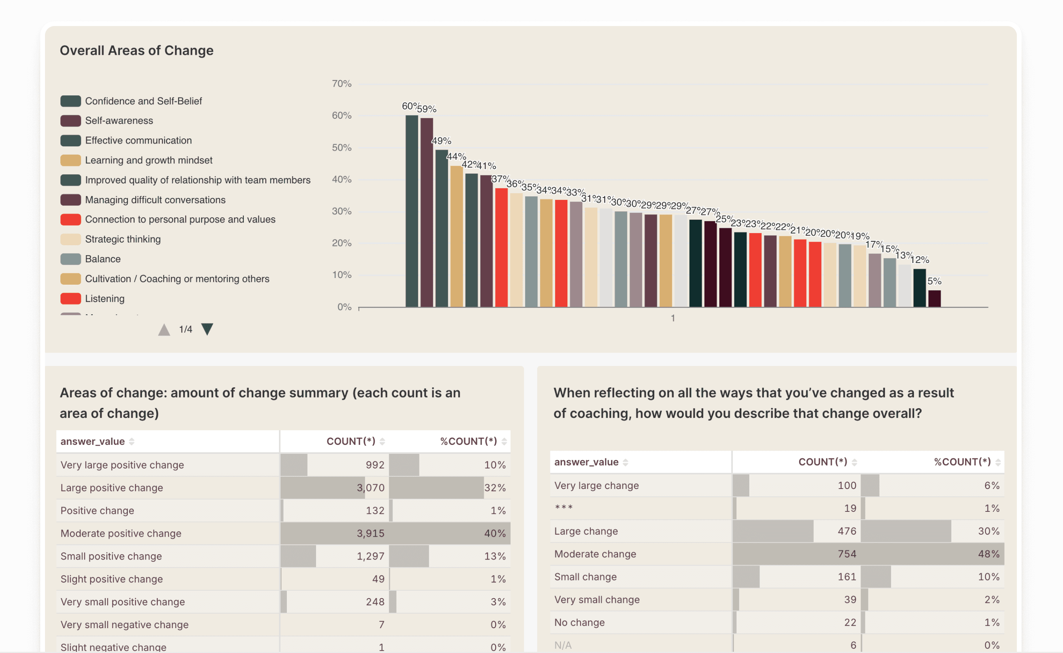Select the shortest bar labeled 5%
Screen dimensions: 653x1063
click(x=934, y=299)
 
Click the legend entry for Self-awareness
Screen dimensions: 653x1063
click(x=119, y=121)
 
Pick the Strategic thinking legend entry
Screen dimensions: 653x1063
click(x=123, y=239)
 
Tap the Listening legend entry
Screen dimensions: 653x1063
click(x=105, y=299)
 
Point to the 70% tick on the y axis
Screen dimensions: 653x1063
click(x=341, y=84)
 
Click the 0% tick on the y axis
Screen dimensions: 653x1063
click(x=344, y=307)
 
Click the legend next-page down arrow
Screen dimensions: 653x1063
click(x=208, y=329)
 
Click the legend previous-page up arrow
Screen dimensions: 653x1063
click(x=164, y=330)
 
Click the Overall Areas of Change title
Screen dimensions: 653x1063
click(x=137, y=50)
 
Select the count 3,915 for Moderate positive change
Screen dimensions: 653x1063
click(x=371, y=534)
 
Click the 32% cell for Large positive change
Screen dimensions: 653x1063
click(x=495, y=488)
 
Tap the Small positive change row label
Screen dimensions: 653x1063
click(x=111, y=556)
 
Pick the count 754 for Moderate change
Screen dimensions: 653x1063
click(x=847, y=554)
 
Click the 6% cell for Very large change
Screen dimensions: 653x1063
click(x=992, y=485)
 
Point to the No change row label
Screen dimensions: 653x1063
click(x=580, y=622)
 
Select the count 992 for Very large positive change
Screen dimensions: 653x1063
click(x=374, y=465)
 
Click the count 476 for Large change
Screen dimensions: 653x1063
click(x=847, y=531)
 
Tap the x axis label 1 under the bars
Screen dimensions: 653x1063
click(x=673, y=318)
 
